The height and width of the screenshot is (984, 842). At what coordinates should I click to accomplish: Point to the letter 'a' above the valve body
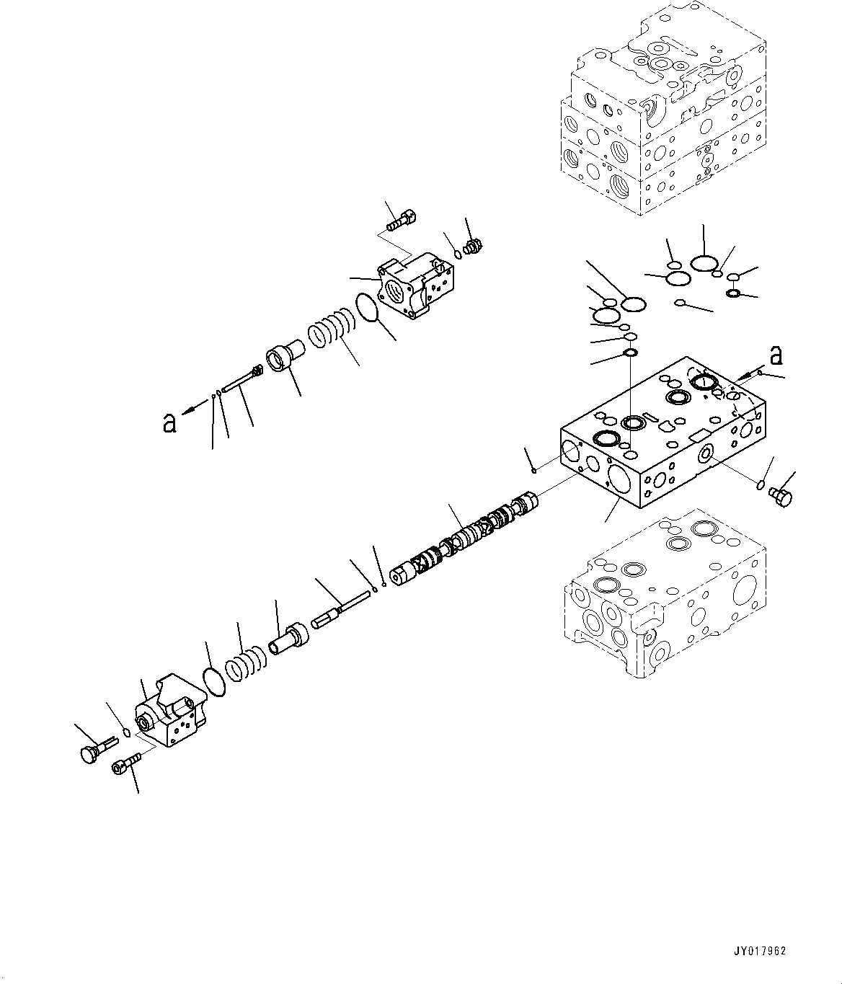[776, 355]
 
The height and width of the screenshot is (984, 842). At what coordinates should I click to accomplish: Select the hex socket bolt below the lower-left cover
[123, 766]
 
